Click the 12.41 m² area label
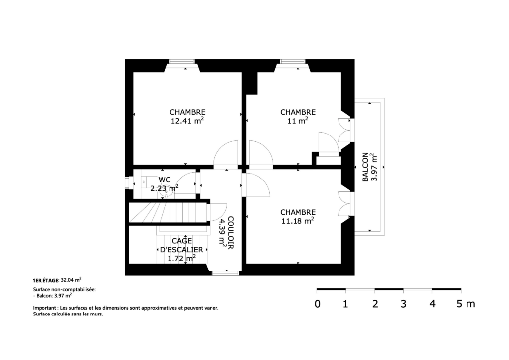187,121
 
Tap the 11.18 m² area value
297,221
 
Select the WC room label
165,180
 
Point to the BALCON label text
365,167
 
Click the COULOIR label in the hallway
230,232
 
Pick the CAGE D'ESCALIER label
181,245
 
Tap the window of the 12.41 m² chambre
182,61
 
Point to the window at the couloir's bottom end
226,273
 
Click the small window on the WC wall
127,183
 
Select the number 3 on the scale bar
404,304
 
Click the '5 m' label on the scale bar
466,304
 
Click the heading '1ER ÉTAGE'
45,280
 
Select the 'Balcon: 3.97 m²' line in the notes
52,296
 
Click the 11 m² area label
297,121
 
